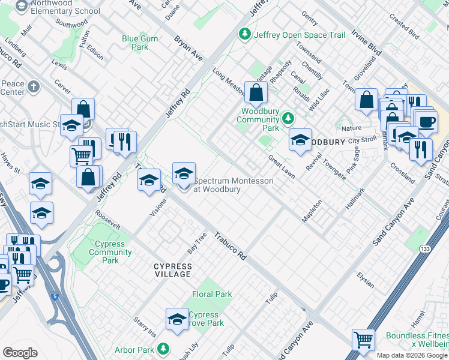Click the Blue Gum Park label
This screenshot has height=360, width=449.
click(x=135, y=43)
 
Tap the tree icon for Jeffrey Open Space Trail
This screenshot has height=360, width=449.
click(x=245, y=35)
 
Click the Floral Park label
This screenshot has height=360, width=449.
click(x=212, y=295)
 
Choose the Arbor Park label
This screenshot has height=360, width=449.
click(x=134, y=350)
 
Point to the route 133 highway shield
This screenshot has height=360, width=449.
click(x=426, y=232)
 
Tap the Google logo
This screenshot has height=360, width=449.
click(x=20, y=352)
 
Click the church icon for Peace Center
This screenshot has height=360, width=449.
click(x=34, y=88)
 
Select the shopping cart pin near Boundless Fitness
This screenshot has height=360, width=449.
click(x=363, y=340)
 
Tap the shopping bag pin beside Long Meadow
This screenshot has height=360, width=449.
click(x=256, y=92)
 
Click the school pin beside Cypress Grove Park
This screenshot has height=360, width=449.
click(x=177, y=319)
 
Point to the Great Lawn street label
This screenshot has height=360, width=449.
click(x=281, y=166)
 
